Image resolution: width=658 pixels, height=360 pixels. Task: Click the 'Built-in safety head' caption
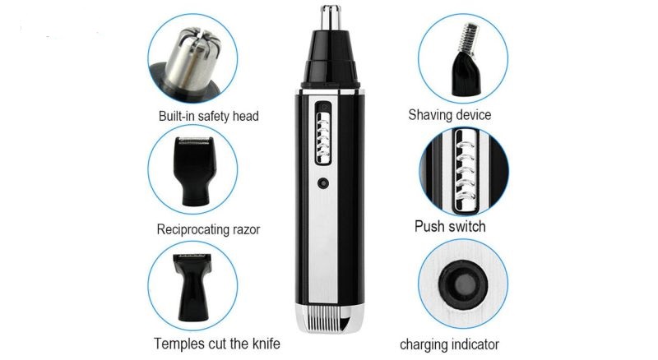(209, 116)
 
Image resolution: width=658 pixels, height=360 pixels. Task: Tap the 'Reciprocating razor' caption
(208, 229)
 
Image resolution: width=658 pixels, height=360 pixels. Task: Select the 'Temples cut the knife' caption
(216, 344)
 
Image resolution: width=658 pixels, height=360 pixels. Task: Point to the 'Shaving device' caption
(449, 114)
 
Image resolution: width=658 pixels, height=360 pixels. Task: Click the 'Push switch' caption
(450, 227)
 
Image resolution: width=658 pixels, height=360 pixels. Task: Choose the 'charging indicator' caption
(449, 345)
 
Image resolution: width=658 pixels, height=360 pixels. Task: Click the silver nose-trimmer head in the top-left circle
(193, 58)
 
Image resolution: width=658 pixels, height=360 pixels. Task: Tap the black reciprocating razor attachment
(194, 171)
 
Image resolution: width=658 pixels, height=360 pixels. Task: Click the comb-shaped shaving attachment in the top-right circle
(465, 58)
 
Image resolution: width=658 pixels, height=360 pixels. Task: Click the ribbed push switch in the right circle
(464, 172)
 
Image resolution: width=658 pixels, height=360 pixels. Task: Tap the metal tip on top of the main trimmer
(331, 18)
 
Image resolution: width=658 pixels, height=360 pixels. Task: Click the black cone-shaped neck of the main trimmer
(331, 58)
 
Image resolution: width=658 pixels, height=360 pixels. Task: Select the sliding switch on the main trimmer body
(323, 132)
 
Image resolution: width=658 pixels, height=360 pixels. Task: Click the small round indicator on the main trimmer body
(323, 183)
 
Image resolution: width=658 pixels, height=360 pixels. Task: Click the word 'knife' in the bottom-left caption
(266, 344)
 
